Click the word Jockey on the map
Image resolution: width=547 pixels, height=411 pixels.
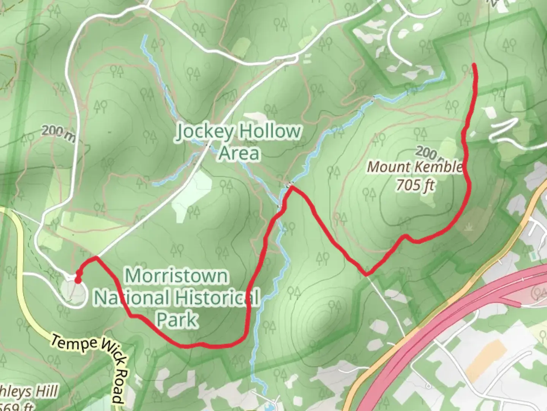(204, 132)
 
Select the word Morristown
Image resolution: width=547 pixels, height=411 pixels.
(177, 276)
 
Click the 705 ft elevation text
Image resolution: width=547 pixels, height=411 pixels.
(415, 185)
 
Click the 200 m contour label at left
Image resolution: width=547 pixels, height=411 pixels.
(58, 132)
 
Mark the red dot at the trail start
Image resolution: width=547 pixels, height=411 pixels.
(77, 281)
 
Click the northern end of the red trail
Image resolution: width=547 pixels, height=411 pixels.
(474, 65)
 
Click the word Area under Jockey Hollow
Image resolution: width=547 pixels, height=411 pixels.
(239, 153)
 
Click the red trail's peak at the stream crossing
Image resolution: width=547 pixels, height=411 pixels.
(291, 186)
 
